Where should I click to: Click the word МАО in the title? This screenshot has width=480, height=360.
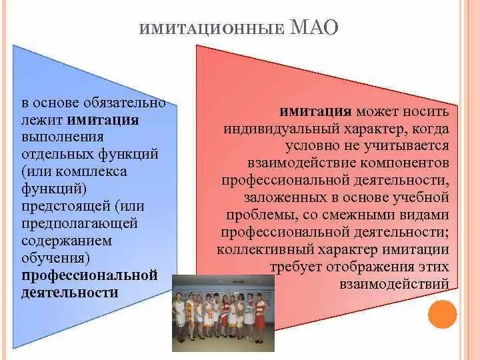pyautogui.click(x=315, y=27)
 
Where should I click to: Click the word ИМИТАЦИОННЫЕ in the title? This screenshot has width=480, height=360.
pyautogui.click(x=213, y=30)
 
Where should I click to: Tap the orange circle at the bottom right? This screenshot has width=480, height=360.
pyautogui.click(x=442, y=314)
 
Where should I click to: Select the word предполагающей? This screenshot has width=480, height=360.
pyautogui.click(x=79, y=223)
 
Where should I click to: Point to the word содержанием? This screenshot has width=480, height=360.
pyautogui.click(x=67, y=241)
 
